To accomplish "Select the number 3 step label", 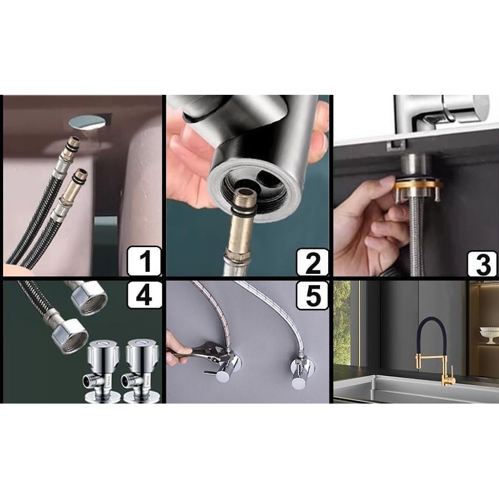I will pos(482,263).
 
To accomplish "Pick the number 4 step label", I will pos(144,294).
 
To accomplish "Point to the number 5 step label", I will pos(312,294).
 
